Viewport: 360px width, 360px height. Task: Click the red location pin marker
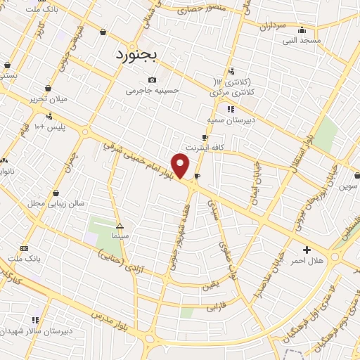181,166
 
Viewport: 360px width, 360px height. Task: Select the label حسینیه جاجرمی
153,91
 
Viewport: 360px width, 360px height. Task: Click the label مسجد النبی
302,40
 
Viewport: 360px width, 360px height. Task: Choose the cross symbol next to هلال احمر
307,250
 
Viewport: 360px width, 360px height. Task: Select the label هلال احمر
307,261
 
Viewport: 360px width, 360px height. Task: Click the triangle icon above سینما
120,226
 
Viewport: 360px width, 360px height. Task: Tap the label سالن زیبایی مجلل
56,203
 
